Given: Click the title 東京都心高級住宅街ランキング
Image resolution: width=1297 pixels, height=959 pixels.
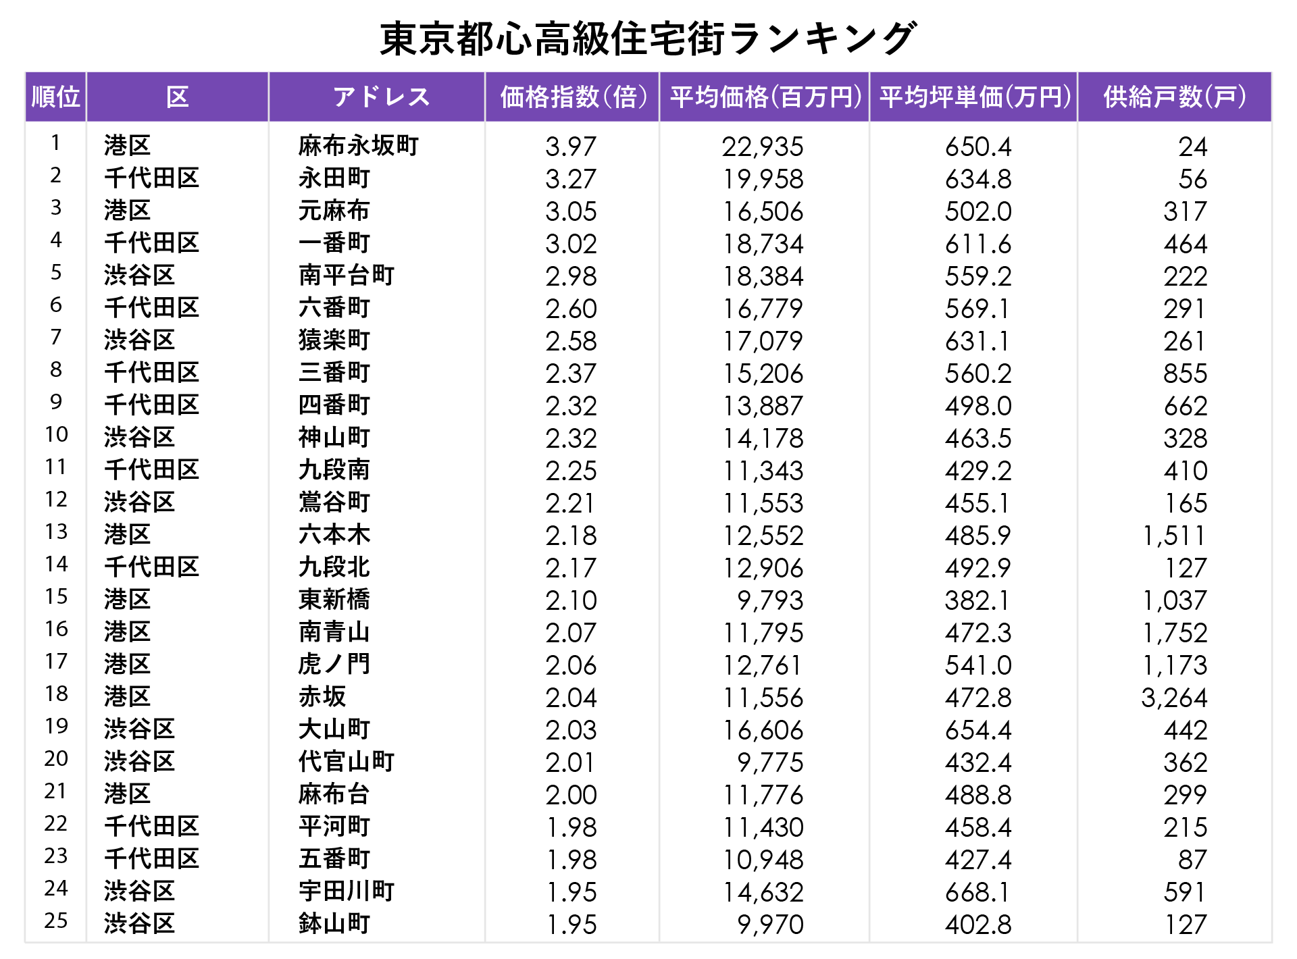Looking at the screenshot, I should pos(648,38).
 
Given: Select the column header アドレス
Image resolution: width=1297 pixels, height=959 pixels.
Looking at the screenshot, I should pos(381,97).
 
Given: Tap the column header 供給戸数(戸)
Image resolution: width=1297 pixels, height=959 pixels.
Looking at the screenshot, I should pos(1175,97).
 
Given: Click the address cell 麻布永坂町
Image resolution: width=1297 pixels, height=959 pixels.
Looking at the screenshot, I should pos(359,146).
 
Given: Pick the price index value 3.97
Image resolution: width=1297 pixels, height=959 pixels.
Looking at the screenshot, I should pos(571,147).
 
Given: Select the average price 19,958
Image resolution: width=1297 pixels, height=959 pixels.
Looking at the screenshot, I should pos(763,179).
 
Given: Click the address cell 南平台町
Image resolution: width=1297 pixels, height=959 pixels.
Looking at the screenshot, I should pos(347,276).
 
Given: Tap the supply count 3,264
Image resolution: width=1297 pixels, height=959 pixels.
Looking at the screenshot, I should pos(1173,698).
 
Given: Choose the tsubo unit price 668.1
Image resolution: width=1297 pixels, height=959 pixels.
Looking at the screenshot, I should pos(977,892).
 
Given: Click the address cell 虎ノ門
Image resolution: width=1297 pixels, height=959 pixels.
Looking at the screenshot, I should pos(334,665).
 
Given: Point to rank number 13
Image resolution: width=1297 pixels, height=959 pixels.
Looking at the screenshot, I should pos(56,532).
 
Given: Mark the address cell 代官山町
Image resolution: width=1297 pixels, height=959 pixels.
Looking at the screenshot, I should pos(347,762).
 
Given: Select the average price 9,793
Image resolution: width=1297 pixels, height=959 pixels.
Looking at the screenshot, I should pos(770,600).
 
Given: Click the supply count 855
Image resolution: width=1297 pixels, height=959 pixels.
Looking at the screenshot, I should pos(1185,373).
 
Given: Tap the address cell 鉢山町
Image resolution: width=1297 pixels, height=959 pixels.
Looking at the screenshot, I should pos(334,924).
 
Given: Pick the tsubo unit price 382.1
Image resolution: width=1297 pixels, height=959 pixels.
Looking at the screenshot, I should pos(977,600).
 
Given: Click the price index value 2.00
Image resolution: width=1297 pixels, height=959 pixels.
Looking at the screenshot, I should pos(571,795).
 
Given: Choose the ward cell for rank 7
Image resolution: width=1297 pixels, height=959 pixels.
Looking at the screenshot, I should pos(140,340).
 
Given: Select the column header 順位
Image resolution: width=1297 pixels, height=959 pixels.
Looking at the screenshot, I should pos(56,97).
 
